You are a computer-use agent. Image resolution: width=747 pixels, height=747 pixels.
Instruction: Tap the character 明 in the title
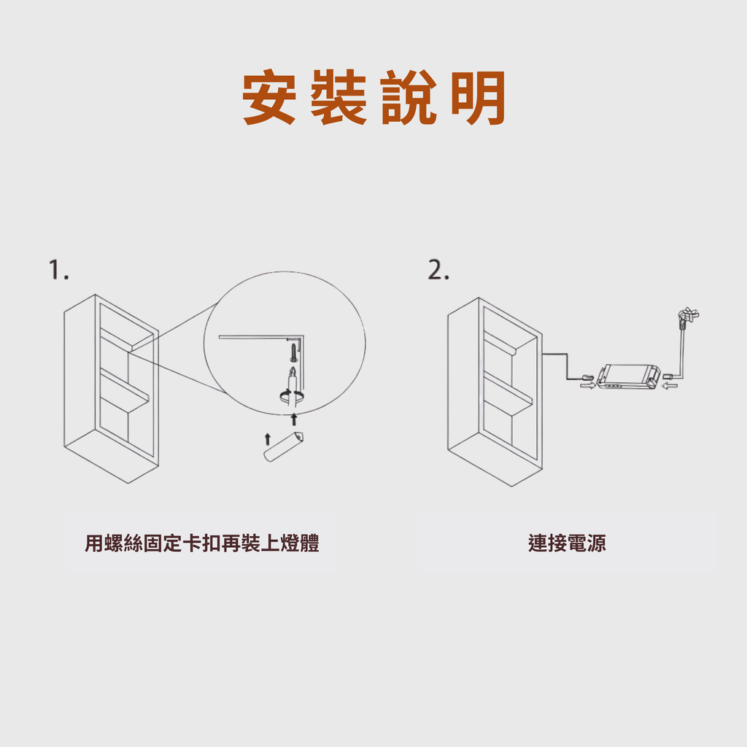coord(478,98)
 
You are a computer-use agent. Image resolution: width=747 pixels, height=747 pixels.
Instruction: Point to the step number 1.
coord(58,269)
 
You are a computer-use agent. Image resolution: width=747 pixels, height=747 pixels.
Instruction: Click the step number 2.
coord(438,270)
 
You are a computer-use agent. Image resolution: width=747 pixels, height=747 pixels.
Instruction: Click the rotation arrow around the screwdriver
coord(291,395)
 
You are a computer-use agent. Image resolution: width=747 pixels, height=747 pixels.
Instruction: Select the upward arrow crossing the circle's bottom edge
coord(294,419)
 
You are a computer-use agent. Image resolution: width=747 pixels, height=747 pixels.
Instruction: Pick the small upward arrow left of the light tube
coord(267,438)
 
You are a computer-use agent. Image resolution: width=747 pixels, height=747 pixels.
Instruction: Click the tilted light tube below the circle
coord(284,446)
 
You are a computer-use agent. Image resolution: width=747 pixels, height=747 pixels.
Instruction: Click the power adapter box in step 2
coord(629,376)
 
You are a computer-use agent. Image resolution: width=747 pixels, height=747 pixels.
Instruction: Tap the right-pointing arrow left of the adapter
coord(587,385)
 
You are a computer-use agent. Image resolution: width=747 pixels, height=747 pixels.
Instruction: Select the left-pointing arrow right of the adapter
coord(670,384)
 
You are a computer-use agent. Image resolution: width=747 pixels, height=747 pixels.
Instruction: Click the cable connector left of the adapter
coord(587,377)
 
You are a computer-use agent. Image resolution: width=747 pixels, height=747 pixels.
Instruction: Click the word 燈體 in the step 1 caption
coord(300,543)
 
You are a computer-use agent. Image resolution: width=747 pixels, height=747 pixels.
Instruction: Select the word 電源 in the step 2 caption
coord(587,543)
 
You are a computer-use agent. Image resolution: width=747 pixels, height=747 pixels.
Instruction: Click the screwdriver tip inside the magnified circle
coord(293,369)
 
